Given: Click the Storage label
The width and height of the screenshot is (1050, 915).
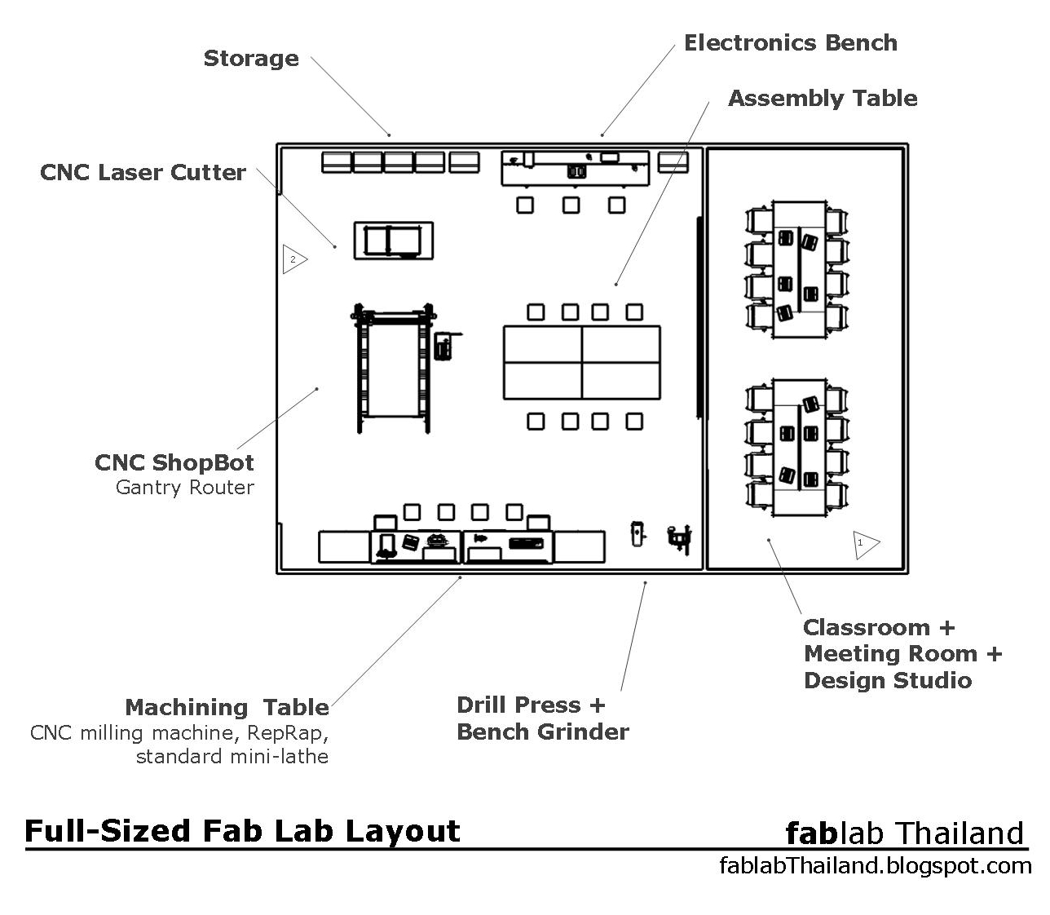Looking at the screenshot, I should pyautogui.click(x=251, y=59).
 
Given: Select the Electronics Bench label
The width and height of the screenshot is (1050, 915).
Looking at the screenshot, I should pyautogui.click(x=790, y=43).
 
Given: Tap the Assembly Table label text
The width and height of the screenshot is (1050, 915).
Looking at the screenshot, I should pyautogui.click(x=822, y=99).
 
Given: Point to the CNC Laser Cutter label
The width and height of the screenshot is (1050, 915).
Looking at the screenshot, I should pyautogui.click(x=143, y=173).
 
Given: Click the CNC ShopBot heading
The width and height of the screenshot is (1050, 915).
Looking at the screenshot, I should pyautogui.click(x=174, y=463).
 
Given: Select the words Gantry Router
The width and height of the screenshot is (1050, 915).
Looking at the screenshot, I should pyautogui.click(x=185, y=488).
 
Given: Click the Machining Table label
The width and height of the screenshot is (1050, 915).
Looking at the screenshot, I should pyautogui.click(x=227, y=707).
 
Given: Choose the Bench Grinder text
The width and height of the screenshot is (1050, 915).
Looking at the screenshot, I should pyautogui.click(x=542, y=732).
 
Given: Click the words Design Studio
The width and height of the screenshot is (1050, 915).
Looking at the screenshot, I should pyautogui.click(x=887, y=680).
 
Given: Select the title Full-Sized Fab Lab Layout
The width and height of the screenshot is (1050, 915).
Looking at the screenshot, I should pyautogui.click(x=242, y=831).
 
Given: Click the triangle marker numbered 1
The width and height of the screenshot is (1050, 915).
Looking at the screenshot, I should pyautogui.click(x=865, y=543).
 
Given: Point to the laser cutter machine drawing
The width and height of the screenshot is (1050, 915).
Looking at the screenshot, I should pyautogui.click(x=392, y=241).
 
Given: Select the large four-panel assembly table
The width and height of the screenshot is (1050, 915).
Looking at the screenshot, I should pyautogui.click(x=581, y=362).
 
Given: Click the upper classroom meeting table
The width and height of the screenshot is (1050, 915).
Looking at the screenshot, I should pyautogui.click(x=798, y=270).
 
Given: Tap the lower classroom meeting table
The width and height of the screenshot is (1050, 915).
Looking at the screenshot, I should pyautogui.click(x=798, y=447).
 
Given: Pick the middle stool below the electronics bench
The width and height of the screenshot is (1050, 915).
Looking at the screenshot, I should pyautogui.click(x=571, y=205).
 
